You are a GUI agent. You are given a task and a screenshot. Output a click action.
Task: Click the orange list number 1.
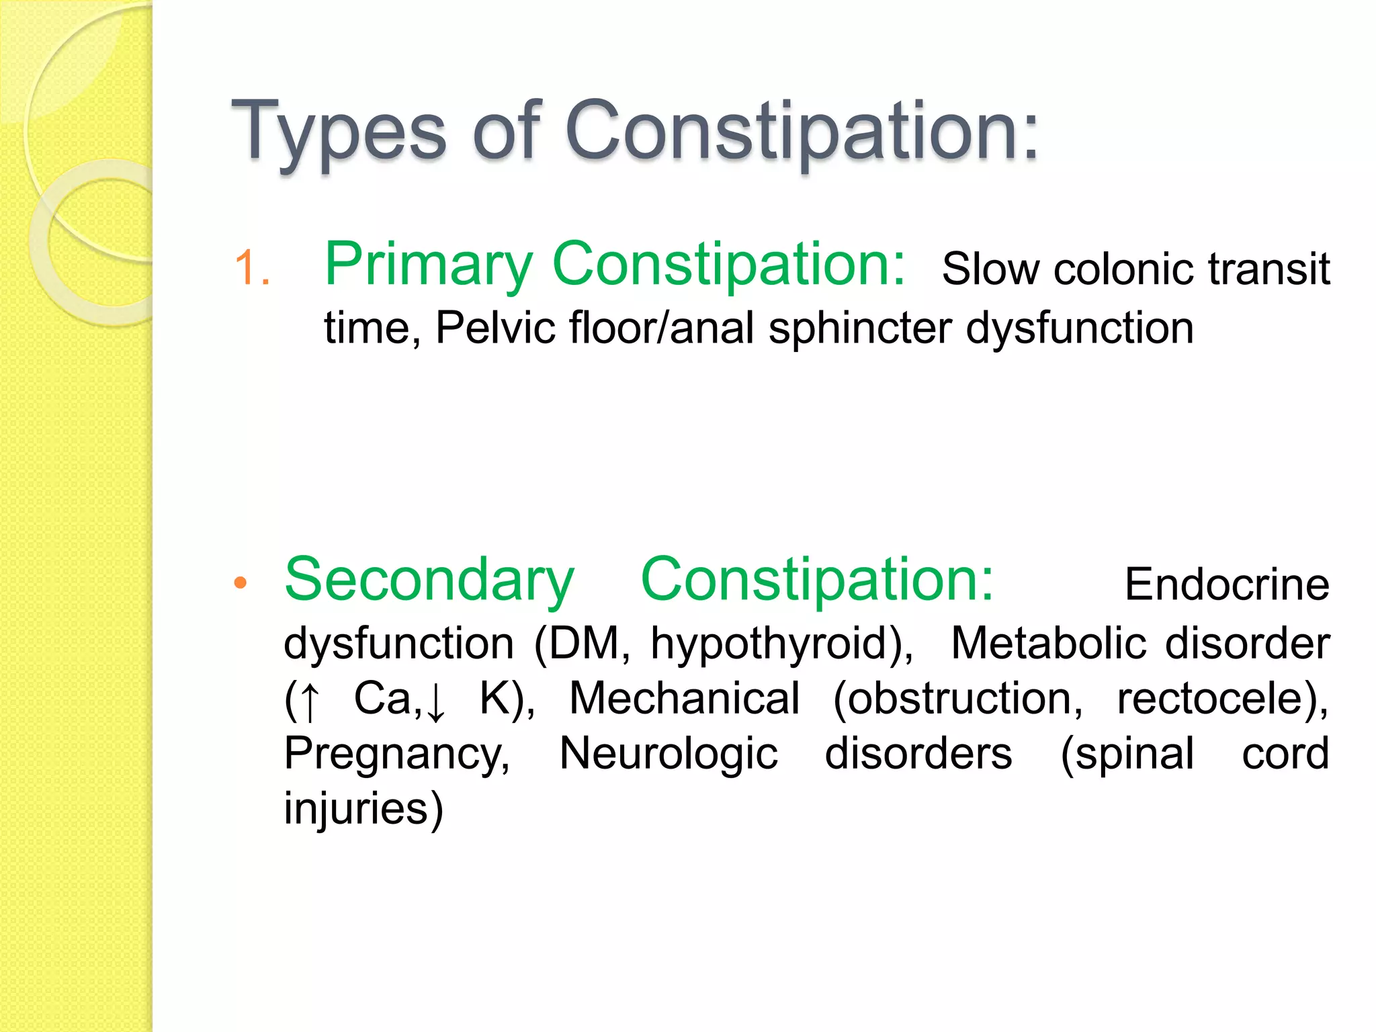click(x=252, y=268)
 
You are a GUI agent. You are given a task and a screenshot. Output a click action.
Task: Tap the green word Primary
click(x=429, y=265)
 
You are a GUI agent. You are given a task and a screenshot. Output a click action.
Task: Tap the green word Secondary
click(x=429, y=580)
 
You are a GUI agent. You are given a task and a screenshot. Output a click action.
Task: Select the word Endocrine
click(x=1226, y=585)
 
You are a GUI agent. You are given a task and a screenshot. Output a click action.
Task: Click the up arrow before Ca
click(x=310, y=701)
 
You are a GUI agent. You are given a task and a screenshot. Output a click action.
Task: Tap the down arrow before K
click(x=436, y=701)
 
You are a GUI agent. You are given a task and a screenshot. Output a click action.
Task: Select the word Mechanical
click(x=684, y=699)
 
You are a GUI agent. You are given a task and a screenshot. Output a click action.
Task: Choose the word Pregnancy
click(x=396, y=755)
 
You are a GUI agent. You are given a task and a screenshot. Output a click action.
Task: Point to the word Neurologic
click(x=669, y=755)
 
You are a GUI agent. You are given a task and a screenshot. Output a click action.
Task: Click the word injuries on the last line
click(x=356, y=808)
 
